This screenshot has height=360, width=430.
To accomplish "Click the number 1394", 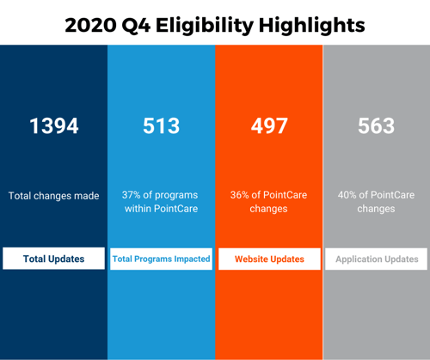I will (x=53, y=125).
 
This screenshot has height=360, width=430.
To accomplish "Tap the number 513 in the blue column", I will (x=161, y=125).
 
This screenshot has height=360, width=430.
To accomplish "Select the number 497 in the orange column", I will (x=268, y=125).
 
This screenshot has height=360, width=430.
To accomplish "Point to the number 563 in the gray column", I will (x=376, y=125).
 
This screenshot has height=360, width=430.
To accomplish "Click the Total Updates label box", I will (x=53, y=259).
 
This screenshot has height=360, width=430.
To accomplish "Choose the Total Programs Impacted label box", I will (x=161, y=259).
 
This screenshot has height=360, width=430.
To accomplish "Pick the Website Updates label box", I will (x=268, y=259).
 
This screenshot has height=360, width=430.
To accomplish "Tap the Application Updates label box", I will (x=376, y=259).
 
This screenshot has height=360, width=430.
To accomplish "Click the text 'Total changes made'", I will (x=53, y=196).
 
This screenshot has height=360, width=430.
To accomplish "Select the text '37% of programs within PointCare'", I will (x=161, y=202).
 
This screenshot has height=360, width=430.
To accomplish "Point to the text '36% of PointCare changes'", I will (x=268, y=202).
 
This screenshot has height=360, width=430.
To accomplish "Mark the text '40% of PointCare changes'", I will (x=376, y=202).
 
